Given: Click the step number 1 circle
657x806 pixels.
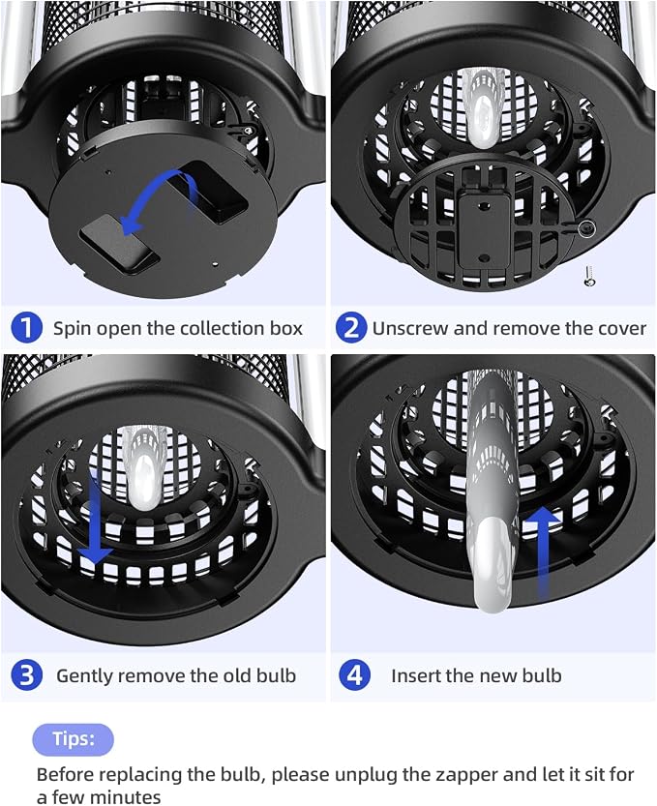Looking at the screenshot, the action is [x=26, y=327].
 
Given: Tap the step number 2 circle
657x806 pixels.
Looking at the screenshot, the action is [x=351, y=327].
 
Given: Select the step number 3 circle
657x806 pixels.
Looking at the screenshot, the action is [x=26, y=675].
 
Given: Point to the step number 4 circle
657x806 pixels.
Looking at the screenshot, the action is [x=355, y=675].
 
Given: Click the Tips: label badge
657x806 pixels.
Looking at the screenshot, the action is [x=73, y=739].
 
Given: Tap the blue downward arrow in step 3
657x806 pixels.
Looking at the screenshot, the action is [x=95, y=520].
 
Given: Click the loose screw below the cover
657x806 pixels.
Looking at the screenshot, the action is [x=589, y=276].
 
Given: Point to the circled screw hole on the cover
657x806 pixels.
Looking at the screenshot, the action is [x=586, y=227].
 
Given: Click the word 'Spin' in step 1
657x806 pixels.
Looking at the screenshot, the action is [x=72, y=328].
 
